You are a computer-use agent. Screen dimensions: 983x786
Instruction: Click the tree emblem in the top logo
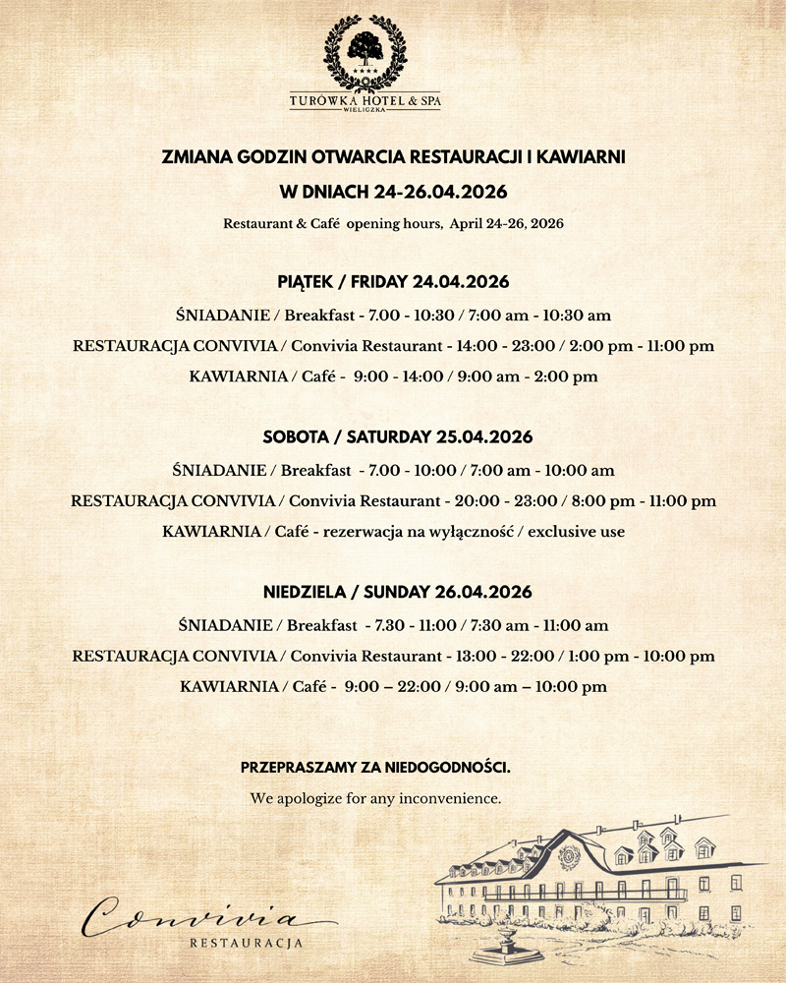point(365,49)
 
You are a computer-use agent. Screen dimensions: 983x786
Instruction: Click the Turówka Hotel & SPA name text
point(365,99)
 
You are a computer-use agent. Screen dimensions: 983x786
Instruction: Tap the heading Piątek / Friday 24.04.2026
point(393,282)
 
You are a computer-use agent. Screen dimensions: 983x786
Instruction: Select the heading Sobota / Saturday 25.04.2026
point(393,436)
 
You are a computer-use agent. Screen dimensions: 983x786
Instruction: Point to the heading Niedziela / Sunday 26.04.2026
point(393,592)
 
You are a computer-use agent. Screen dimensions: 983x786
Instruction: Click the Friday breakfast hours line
point(393,316)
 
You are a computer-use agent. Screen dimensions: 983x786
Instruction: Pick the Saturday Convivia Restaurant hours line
point(393,501)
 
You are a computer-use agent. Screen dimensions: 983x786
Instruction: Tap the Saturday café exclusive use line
point(393,532)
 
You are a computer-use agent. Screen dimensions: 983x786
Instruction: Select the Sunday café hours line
point(393,687)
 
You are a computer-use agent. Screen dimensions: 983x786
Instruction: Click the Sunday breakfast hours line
point(393,625)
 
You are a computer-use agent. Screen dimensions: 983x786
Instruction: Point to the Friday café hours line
point(393,376)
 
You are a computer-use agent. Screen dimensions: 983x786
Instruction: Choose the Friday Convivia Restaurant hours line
point(393,346)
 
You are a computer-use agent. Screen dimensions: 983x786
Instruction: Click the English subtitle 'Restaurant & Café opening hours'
point(393,224)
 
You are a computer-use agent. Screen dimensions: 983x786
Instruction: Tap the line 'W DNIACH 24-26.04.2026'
point(393,191)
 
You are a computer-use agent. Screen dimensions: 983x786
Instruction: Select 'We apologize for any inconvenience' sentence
point(376,798)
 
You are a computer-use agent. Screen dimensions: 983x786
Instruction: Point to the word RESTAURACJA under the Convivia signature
point(245,944)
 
